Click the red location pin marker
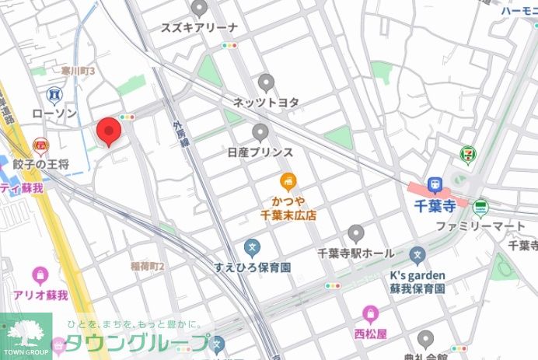(108, 132)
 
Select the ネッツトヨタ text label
(266, 102)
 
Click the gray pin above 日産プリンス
(260, 132)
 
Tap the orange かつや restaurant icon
(288, 182)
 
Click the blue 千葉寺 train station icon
(435, 185)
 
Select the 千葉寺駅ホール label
(356, 253)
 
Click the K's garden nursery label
(417, 275)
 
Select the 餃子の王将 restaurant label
(44, 164)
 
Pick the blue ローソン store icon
(54, 96)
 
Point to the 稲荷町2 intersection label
(147, 266)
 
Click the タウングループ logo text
(136, 343)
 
